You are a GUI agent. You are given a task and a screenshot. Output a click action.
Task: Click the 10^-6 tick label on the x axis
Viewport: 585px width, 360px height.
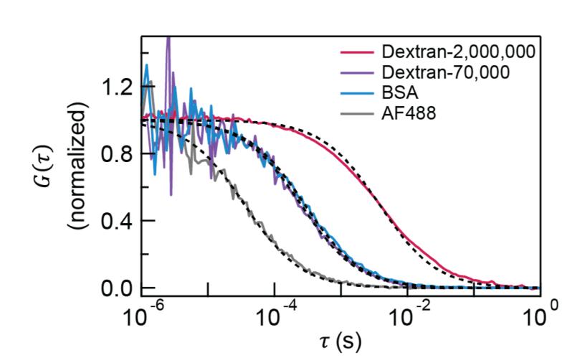click(x=145, y=316)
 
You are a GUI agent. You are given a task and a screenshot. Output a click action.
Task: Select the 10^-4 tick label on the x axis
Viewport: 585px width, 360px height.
click(x=279, y=316)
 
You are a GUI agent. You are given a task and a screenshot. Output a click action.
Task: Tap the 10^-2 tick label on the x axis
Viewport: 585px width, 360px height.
click(x=412, y=316)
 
